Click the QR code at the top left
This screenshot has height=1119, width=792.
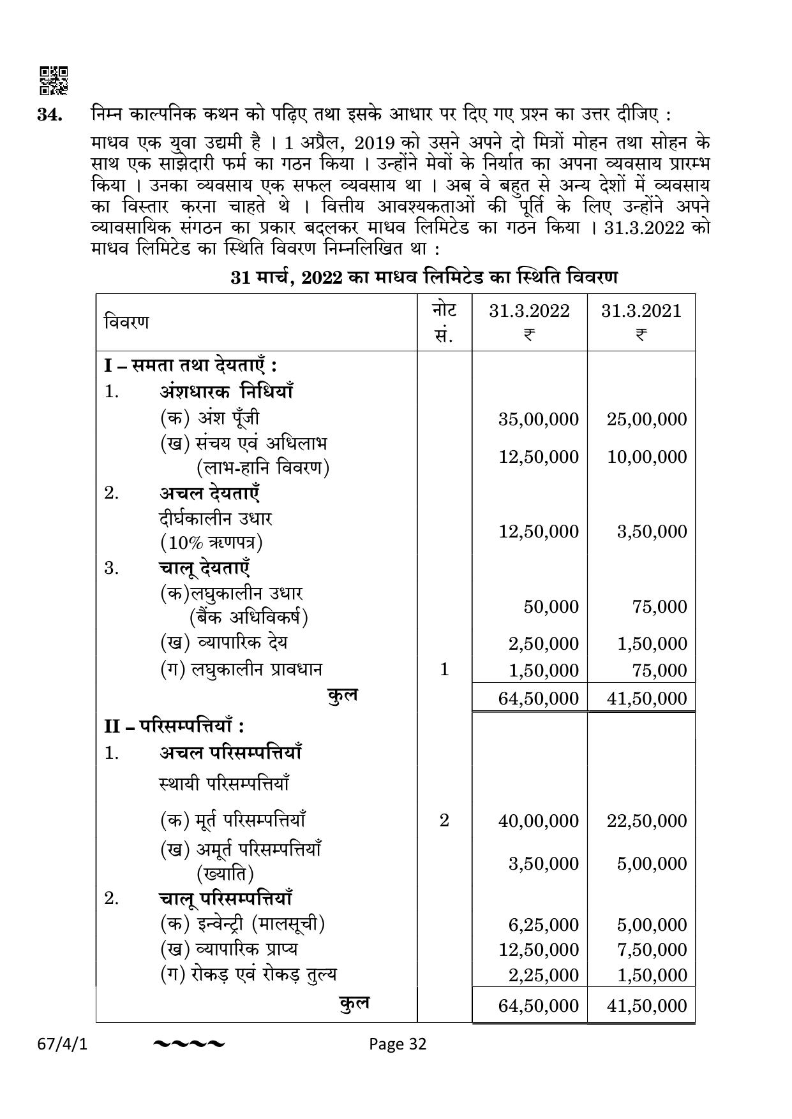[x=54, y=80]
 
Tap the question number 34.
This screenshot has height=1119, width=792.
[x=50, y=115]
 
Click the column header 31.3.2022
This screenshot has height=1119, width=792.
[x=529, y=311]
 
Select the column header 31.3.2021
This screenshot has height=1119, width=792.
[x=641, y=311]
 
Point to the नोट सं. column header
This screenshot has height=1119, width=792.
[x=444, y=322]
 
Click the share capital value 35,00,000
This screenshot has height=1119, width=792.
[x=539, y=419]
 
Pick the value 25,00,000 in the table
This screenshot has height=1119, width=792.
[x=647, y=419]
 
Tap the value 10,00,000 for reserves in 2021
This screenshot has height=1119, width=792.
[x=647, y=457]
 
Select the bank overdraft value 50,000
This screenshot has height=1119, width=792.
[x=551, y=606]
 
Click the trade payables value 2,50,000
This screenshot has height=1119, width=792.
[x=544, y=643]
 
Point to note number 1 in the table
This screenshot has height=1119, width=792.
[x=444, y=669]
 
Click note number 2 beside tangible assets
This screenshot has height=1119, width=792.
[x=444, y=820]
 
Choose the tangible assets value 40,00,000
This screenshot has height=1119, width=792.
[x=539, y=821]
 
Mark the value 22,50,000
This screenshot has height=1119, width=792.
[x=647, y=821]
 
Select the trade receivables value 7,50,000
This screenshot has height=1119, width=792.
[x=652, y=949]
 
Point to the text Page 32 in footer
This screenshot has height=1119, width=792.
[x=398, y=1044]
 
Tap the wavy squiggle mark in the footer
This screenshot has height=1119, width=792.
[x=189, y=1044]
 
